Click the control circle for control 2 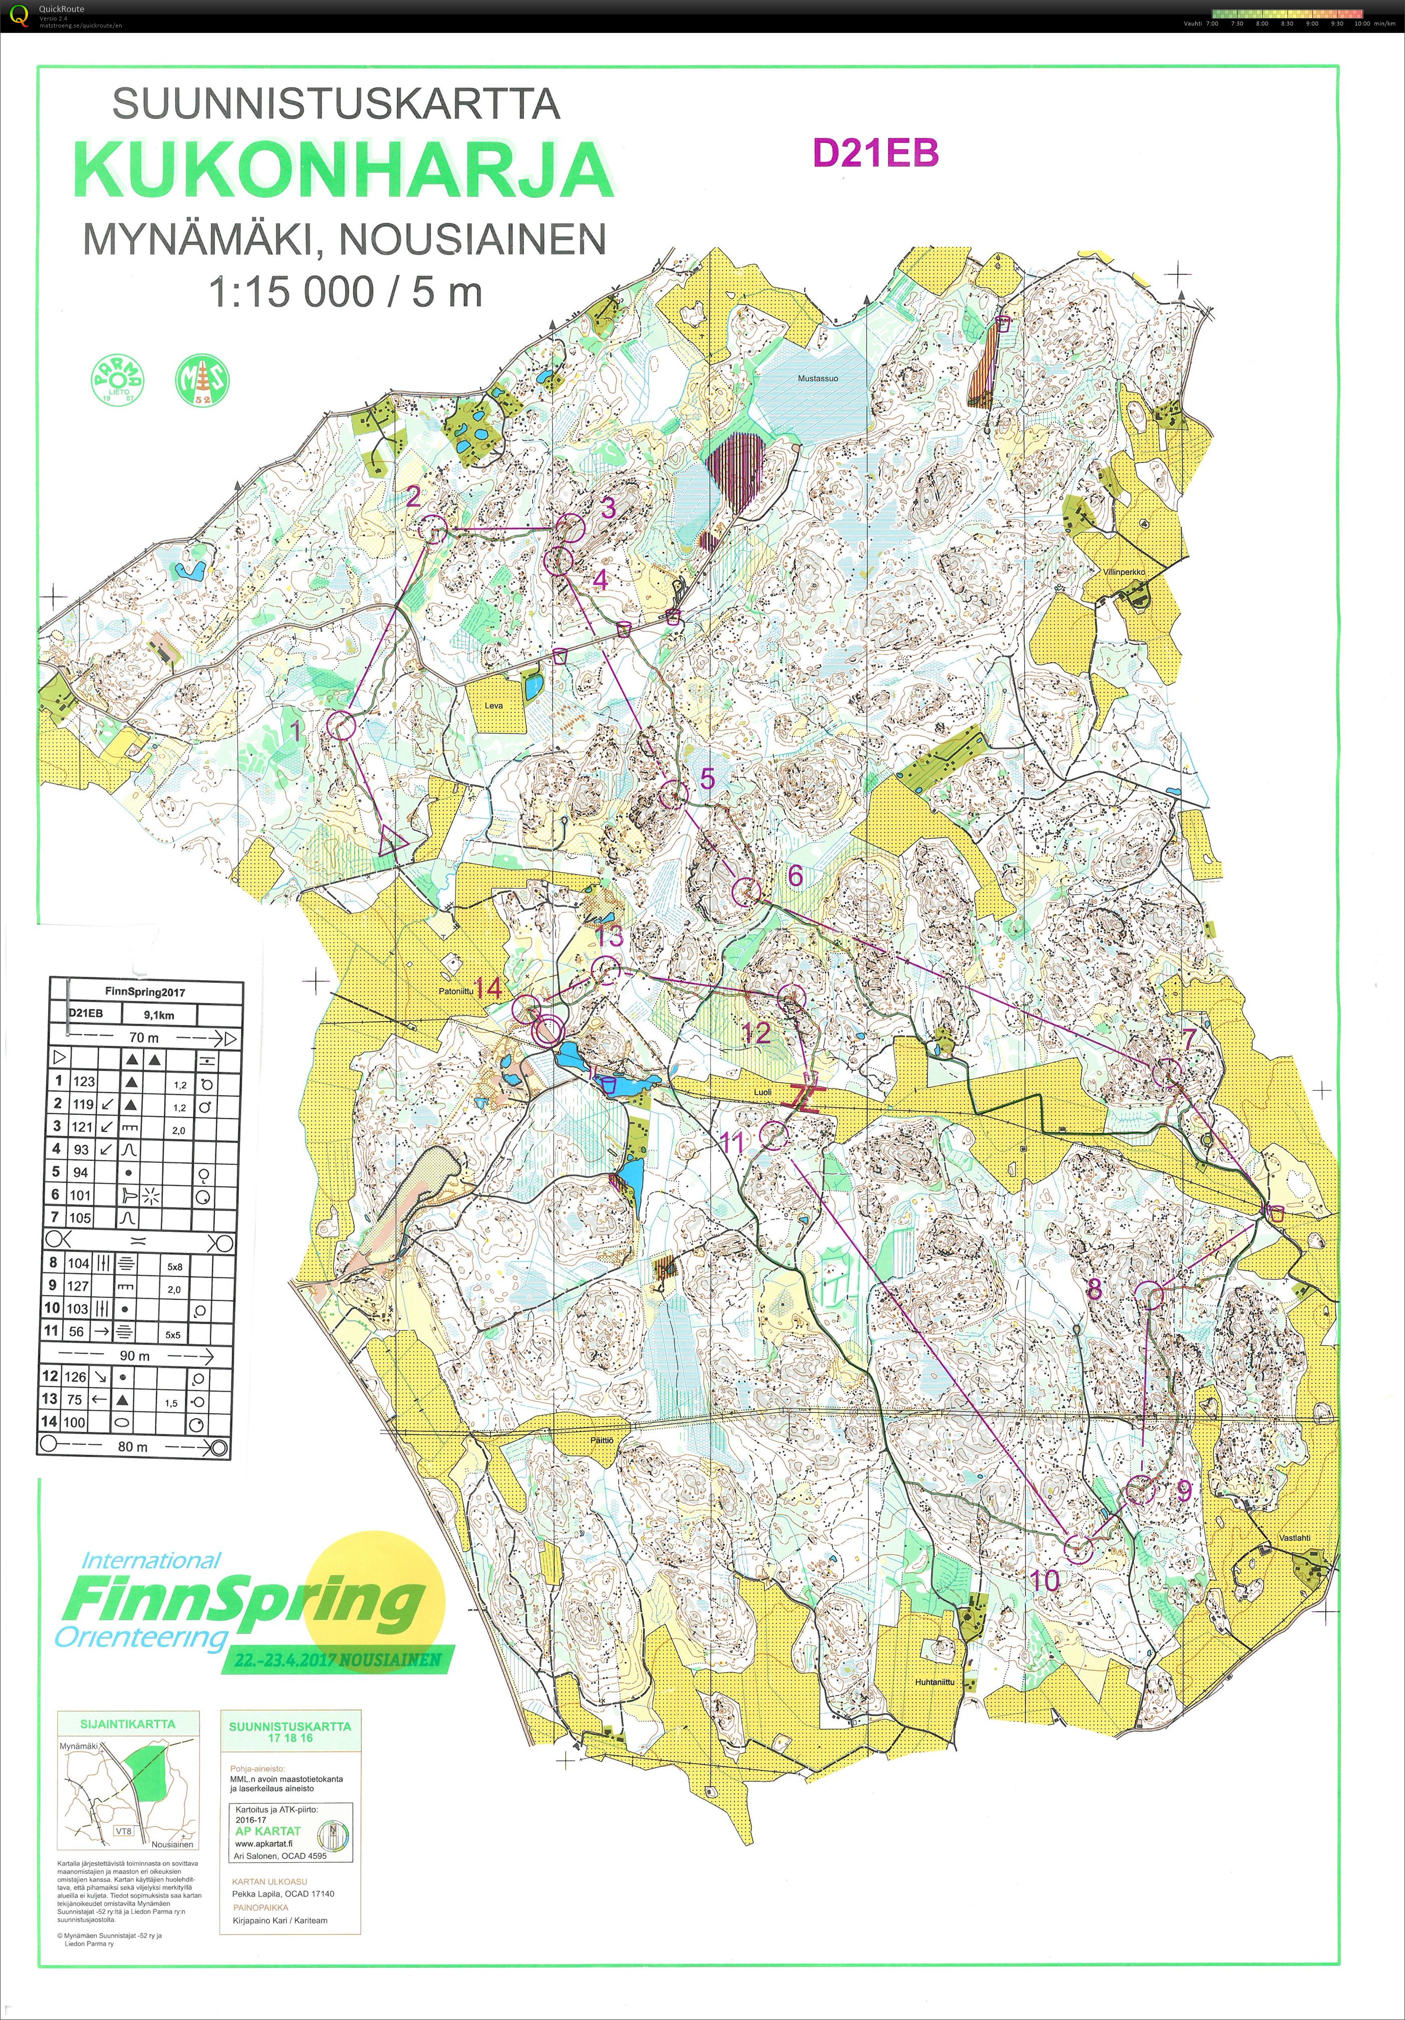(433, 529)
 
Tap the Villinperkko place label (1124, 572)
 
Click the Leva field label (494, 705)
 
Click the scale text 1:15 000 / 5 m (345, 292)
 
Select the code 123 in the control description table (84, 1081)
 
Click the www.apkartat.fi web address (264, 1843)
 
